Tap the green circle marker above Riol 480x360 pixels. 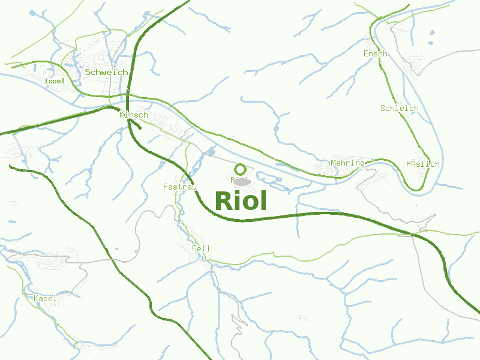tap(241, 169)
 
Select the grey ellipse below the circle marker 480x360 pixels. tap(241, 181)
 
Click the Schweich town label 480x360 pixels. tap(106, 72)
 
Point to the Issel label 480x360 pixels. tap(55, 81)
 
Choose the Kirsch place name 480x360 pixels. tap(134, 115)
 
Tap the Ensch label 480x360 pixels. tap(376, 54)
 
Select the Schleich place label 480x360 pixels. tap(400, 109)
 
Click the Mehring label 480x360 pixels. tap(347, 163)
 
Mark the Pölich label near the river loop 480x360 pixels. tap(422, 164)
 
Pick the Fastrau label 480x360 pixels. tap(180, 187)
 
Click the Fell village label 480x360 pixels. tap(201, 248)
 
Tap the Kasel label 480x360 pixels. tap(45, 298)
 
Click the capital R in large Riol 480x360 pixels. tap(223, 201)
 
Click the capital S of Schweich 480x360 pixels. tap(88, 72)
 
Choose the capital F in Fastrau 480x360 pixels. tap(166, 187)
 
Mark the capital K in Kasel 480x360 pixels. tap(36, 298)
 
